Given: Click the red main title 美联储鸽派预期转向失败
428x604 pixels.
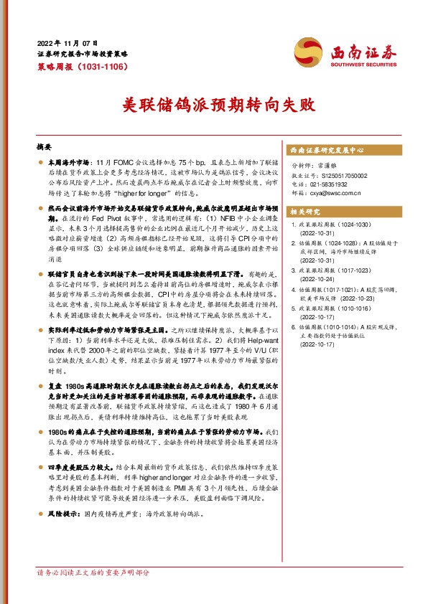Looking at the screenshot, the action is tap(215, 105).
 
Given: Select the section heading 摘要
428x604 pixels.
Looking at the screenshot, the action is tap(44, 146).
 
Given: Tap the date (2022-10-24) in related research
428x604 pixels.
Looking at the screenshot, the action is tap(317, 279).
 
